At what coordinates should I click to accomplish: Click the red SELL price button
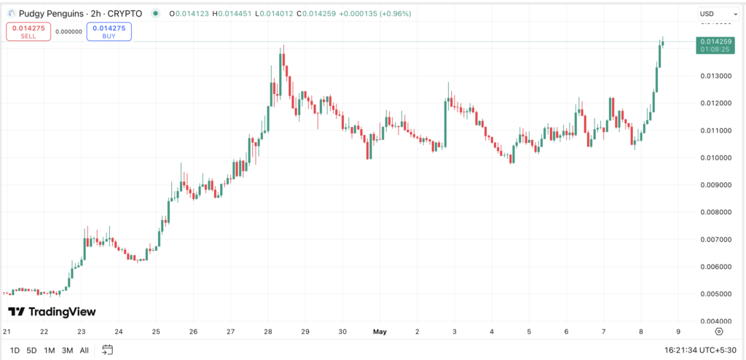coord(28,31)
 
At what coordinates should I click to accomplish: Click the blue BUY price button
coord(109,31)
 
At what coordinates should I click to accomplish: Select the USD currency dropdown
coord(712,14)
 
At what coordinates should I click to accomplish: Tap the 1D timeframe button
coord(15,350)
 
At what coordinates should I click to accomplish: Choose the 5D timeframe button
coord(31,350)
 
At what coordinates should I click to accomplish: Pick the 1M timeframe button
coord(50,350)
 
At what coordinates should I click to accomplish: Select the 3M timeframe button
coord(67,350)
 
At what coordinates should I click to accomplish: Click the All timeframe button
coord(85,350)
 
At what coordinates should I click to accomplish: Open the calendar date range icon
coord(108,350)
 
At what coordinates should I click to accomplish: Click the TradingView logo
coord(52,312)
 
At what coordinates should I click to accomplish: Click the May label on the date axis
coord(380,332)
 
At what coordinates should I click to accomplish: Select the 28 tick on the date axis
coord(267,332)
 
